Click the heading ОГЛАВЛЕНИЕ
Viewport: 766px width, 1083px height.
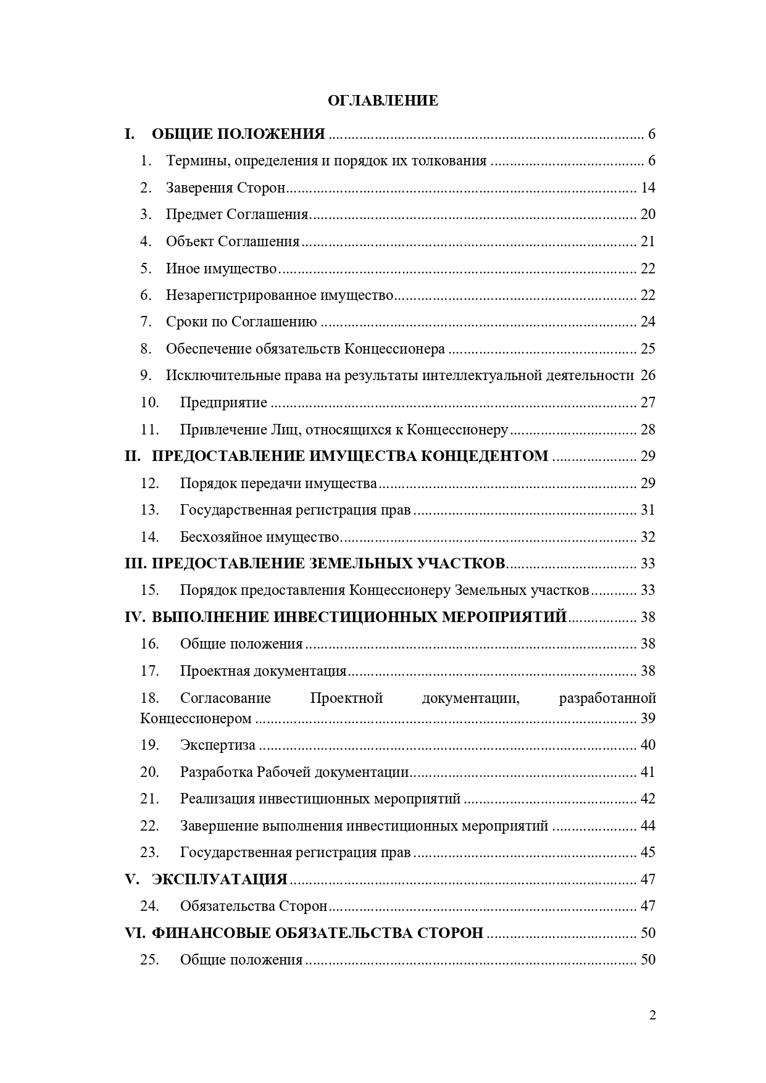click(x=383, y=101)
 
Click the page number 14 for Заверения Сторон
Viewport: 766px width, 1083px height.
click(x=647, y=188)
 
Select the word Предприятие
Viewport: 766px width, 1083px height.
click(x=223, y=403)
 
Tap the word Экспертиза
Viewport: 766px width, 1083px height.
click(x=217, y=745)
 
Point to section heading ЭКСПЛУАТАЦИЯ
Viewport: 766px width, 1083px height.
click(x=219, y=879)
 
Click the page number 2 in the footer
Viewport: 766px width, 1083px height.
click(x=652, y=1016)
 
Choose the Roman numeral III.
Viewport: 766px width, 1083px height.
click(x=135, y=563)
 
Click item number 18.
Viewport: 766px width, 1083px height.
click(x=149, y=698)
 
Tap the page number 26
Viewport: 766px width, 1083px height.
click(x=647, y=376)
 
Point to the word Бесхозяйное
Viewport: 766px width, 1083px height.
click(x=220, y=537)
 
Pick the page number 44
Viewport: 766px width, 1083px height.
click(x=647, y=826)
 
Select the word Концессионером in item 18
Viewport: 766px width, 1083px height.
click(x=196, y=718)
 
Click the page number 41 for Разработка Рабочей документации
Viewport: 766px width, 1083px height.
click(x=647, y=772)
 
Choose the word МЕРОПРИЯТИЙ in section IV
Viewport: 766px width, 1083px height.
click(x=504, y=617)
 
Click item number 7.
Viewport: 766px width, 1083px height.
click(x=146, y=322)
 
